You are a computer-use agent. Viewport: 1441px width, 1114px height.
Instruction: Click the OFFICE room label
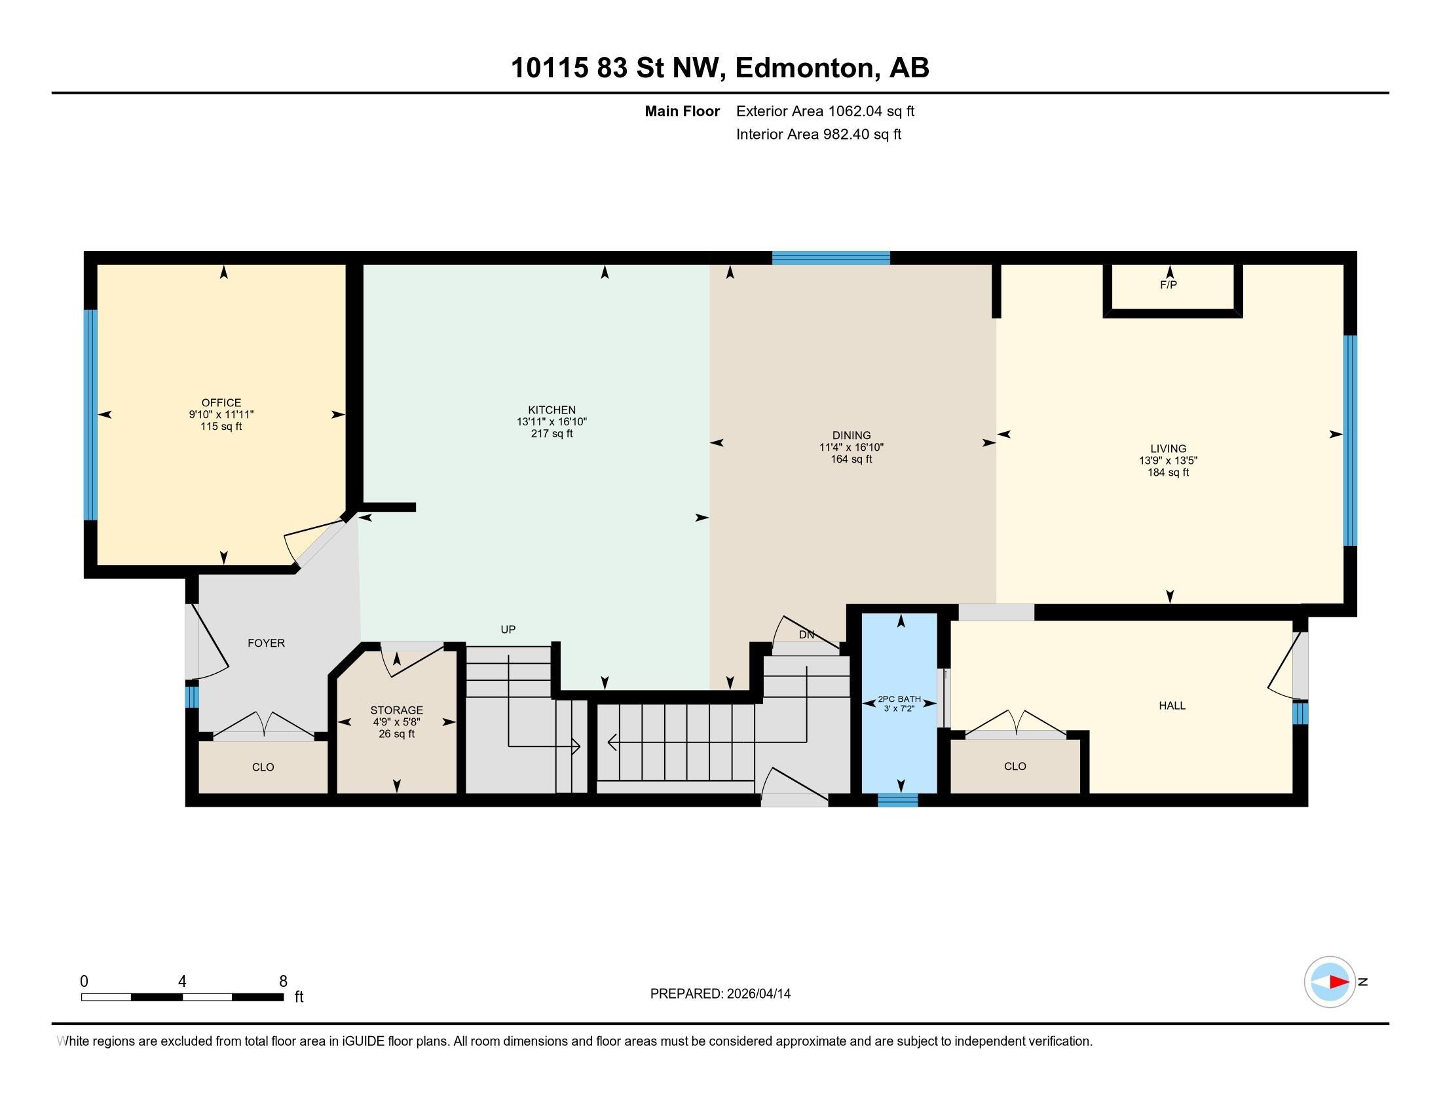point(221,402)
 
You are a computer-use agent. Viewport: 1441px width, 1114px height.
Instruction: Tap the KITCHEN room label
point(552,410)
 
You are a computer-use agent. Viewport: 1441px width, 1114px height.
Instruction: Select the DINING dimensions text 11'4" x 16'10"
point(851,447)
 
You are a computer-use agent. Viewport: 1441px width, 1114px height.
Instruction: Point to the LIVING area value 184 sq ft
point(1168,472)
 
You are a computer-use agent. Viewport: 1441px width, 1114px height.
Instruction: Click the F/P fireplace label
point(1169,285)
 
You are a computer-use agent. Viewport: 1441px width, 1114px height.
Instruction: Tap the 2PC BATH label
point(899,700)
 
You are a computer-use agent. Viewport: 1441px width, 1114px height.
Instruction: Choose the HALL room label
point(1172,706)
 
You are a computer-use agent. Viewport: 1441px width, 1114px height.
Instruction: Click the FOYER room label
point(266,643)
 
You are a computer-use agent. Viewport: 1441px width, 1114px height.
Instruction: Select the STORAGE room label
point(396,710)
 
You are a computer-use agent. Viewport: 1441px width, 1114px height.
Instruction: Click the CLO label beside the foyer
point(263,767)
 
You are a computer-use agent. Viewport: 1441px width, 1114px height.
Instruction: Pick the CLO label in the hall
point(1015,766)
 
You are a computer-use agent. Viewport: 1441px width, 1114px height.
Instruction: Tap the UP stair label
point(508,630)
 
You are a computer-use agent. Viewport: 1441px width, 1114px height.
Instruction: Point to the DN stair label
point(806,635)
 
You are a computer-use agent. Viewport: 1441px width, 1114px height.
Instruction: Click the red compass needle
point(1339,982)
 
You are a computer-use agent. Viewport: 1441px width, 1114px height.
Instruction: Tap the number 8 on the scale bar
point(283,982)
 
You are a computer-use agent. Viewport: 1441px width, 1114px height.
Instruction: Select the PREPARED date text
point(720,994)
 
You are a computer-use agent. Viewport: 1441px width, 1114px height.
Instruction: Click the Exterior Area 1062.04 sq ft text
point(825,111)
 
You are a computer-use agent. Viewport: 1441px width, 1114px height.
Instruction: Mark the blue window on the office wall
point(90,415)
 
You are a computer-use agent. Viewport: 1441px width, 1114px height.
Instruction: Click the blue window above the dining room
point(831,258)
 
